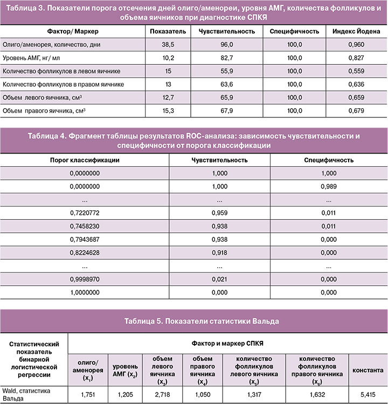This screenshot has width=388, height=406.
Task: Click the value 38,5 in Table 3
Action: click(x=169, y=46)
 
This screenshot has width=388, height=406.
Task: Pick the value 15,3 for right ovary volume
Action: click(x=169, y=110)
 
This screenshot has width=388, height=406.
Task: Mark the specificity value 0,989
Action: click(x=328, y=186)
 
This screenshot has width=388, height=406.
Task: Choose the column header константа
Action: click(x=368, y=370)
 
